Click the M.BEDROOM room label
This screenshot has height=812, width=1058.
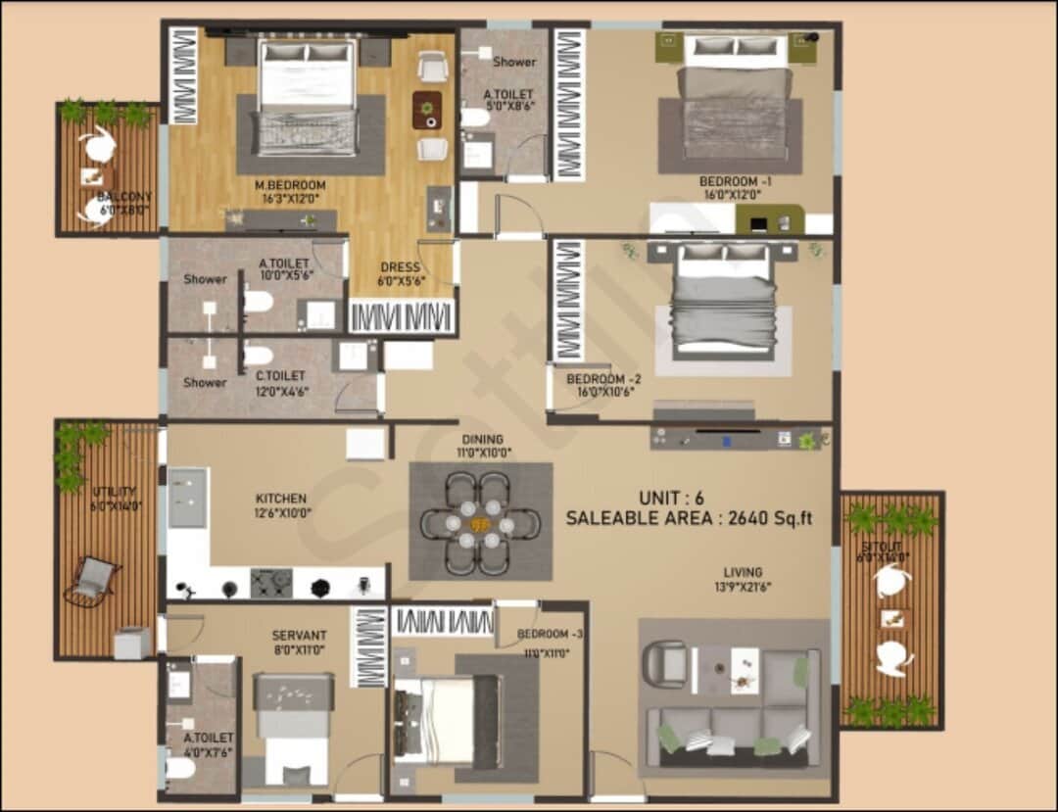(x=290, y=185)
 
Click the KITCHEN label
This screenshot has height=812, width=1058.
(x=281, y=499)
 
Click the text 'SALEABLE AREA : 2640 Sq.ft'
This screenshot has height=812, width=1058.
(x=689, y=519)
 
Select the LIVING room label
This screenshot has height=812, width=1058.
(x=743, y=572)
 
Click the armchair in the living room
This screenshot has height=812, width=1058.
(x=666, y=663)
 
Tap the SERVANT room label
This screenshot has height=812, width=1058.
(x=299, y=636)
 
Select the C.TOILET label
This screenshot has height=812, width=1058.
(x=280, y=375)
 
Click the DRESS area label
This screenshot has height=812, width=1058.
(x=400, y=267)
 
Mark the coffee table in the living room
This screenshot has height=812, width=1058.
(x=745, y=671)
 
